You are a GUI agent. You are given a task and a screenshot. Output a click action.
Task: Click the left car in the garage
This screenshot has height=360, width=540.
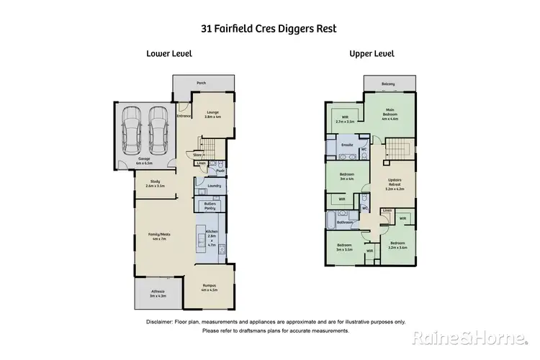point(132,129)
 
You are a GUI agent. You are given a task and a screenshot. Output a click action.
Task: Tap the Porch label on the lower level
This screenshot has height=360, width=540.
point(201,84)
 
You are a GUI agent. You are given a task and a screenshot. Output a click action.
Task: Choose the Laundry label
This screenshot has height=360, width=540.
point(214,186)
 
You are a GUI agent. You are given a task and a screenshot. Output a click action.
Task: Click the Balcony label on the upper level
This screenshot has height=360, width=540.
point(388,84)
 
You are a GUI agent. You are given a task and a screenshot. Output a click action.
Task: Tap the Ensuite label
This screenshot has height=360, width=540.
point(344,144)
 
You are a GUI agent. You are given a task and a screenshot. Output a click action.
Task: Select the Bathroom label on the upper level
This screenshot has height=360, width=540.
point(344,222)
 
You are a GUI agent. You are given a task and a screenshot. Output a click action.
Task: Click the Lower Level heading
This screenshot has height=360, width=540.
point(169,53)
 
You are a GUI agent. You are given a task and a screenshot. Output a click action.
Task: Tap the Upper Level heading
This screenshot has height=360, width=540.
point(372,53)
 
